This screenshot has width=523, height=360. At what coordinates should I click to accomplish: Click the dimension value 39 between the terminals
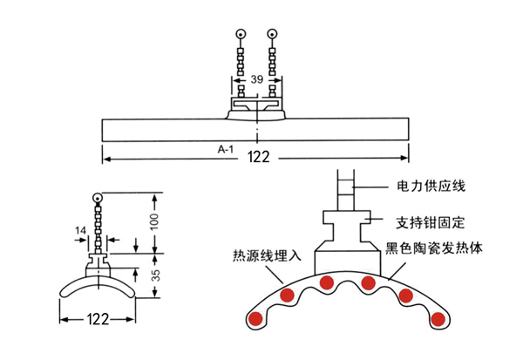point(257,79)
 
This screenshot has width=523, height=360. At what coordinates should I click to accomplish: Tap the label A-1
point(226,149)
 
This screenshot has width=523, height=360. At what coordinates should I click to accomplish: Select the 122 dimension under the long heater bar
point(259,157)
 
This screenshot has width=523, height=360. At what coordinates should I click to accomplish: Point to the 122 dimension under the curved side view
point(98,319)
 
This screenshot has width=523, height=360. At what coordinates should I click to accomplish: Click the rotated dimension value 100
point(154,222)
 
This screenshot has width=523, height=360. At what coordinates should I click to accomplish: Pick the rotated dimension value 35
point(155,275)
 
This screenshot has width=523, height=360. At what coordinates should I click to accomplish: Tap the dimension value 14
point(80,230)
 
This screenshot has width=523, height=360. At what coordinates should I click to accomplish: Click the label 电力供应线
point(431,186)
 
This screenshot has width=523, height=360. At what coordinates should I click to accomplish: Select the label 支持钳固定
point(430,222)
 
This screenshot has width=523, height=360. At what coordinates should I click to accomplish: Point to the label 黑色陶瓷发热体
point(434,248)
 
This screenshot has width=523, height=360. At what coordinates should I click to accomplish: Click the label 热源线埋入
point(267,255)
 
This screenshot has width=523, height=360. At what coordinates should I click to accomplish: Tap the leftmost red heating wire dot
point(256,319)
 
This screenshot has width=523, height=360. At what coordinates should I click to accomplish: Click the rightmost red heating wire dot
point(438,319)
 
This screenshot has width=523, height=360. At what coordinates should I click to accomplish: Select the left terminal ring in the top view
point(241,34)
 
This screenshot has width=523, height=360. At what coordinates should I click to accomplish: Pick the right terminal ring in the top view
point(273,34)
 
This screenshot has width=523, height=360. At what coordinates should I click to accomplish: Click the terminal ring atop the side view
point(98,198)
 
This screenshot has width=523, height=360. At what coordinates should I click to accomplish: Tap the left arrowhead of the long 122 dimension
point(106,159)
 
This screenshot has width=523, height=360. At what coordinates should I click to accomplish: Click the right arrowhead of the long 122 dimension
point(404,158)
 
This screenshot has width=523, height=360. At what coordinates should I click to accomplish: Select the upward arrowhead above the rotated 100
point(154,198)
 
